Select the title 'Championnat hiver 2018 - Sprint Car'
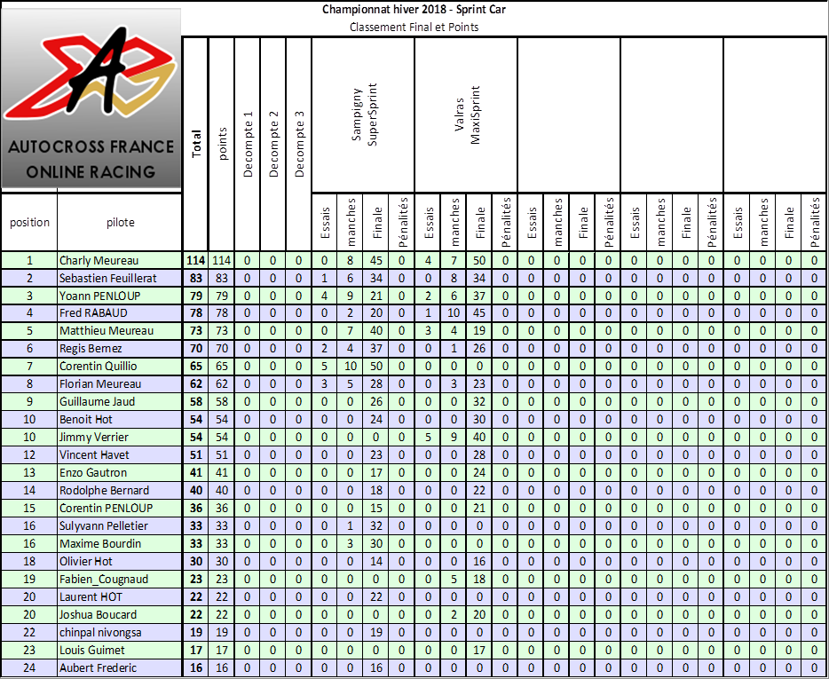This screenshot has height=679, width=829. point(414,10)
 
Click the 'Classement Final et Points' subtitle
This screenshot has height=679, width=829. point(414,27)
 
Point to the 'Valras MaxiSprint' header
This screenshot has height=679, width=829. point(467,115)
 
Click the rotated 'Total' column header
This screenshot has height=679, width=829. point(196,144)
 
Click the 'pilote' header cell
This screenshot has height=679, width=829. point(120,223)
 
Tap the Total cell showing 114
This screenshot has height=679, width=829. point(196,260)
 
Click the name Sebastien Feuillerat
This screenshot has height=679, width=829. point(108,278)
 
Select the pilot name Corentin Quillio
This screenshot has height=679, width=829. point(99,366)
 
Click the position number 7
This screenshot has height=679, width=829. point(29,366)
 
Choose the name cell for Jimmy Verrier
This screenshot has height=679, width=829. point(94,437)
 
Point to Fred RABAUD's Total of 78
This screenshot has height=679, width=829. point(196,313)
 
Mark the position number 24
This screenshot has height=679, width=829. point(29,667)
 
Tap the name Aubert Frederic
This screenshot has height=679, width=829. point(98,667)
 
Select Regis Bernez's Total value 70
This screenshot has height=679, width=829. point(196,349)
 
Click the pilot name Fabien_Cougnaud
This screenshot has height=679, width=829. point(104,579)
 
